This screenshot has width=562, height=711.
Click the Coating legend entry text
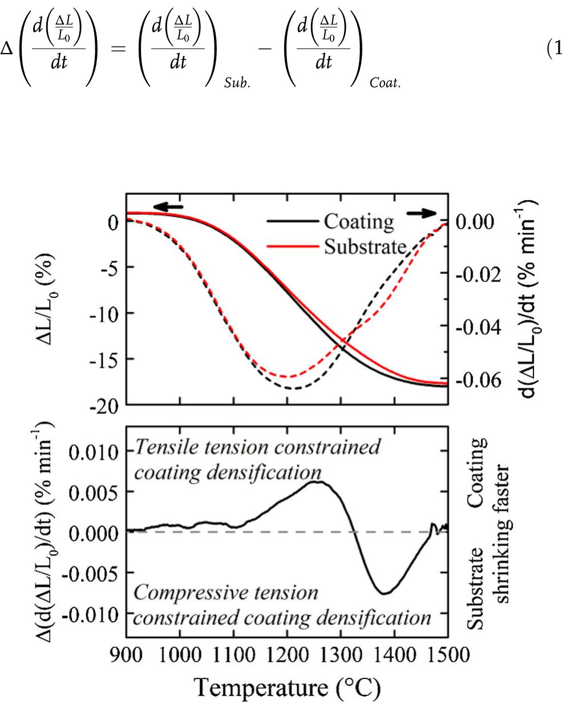tap(359, 223)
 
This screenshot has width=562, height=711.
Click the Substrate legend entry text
tap(365, 247)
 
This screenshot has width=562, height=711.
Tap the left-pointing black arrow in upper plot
tap(168, 207)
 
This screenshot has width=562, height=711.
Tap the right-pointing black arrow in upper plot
tap(422, 213)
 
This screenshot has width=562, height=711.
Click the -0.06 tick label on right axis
tap(478, 381)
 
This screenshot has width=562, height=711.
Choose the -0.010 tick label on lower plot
tap(90, 615)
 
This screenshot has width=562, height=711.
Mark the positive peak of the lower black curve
tap(317, 482)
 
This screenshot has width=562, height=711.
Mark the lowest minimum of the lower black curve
tap(384, 593)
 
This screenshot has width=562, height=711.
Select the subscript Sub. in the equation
tap(237, 82)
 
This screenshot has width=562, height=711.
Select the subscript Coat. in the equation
tap(385, 82)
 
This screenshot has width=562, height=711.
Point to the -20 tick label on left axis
tap(104, 407)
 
